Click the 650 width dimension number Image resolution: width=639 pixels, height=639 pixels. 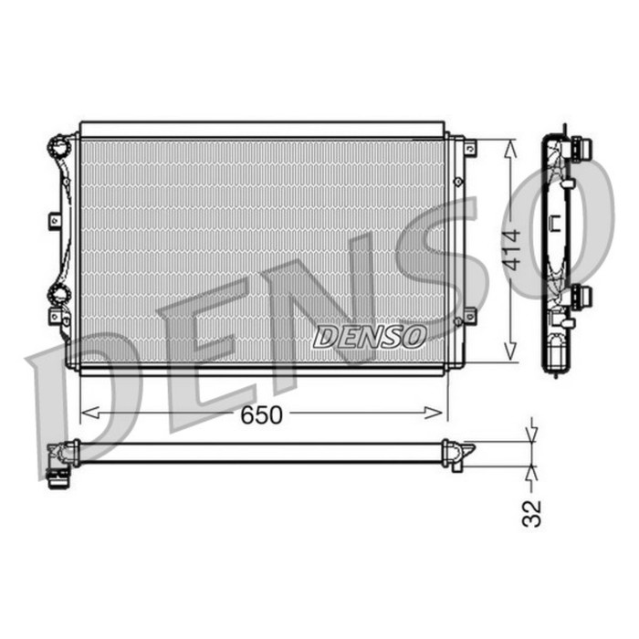click(262, 415)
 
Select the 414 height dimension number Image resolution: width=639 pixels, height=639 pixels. click(512, 248)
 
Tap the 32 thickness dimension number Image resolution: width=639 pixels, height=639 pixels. click(532, 511)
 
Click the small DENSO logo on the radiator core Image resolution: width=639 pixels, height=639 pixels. click(370, 337)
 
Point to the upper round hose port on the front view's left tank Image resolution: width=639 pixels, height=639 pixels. click(60, 146)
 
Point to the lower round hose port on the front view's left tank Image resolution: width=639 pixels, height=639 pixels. click(59, 294)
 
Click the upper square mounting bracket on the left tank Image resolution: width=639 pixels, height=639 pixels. click(55, 220)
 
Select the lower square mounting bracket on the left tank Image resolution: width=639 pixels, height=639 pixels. click(55, 317)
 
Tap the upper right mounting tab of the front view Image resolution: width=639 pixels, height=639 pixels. click(470, 146)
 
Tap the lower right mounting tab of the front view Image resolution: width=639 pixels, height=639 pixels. click(470, 315)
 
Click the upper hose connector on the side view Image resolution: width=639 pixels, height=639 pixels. click(578, 148)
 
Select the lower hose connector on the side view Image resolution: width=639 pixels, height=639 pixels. click(578, 296)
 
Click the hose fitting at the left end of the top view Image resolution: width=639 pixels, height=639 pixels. click(58, 460)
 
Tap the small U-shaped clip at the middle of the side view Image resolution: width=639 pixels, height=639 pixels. click(554, 222)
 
